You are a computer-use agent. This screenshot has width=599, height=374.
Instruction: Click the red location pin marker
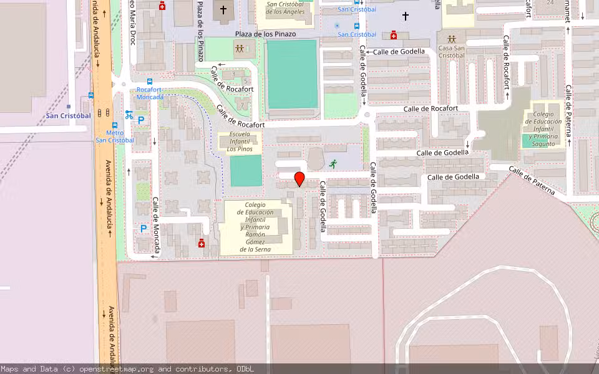pos(299,180)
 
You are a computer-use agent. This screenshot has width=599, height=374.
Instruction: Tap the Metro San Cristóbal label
pos(115,137)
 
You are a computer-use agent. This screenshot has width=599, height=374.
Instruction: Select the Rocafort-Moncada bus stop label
pos(150,93)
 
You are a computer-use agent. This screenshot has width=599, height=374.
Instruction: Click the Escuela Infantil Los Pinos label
pos(240,141)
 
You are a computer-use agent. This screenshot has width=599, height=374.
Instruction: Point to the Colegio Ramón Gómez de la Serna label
pos(255,227)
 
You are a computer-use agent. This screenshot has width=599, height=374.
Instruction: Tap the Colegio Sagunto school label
pos(542,129)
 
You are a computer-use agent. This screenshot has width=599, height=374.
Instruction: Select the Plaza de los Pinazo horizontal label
pos(266,34)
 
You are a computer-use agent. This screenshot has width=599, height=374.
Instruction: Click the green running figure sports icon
pos(333,164)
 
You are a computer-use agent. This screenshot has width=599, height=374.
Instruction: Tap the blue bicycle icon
pos(129,115)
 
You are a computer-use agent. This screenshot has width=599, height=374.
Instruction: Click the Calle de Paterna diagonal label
pos(531,181)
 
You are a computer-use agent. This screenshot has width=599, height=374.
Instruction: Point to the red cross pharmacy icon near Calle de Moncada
pos(202,243)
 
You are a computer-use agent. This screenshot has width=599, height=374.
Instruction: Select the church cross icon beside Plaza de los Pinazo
pos(223,10)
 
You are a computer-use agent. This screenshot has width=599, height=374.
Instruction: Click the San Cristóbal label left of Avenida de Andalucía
pos(69,115)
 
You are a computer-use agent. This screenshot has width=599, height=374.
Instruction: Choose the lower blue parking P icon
pos(143,229)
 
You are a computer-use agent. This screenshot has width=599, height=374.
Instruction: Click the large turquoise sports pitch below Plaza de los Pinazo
pos(292,74)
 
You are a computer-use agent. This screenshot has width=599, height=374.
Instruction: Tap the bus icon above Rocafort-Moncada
pos(150,82)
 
